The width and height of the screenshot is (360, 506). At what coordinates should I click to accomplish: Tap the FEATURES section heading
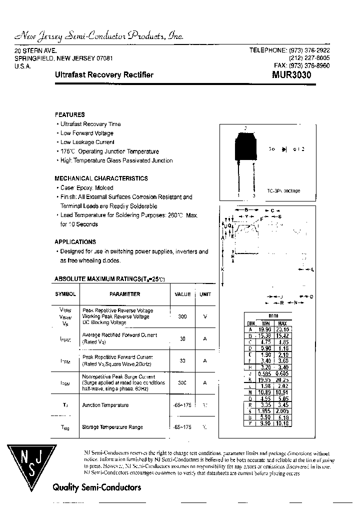tap(69, 114)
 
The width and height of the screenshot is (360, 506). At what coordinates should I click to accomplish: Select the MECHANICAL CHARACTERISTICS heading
tap(101, 178)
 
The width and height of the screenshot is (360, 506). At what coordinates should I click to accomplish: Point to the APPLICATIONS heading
tap(75, 241)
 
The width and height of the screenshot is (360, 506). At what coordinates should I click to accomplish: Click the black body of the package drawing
tap(245, 144)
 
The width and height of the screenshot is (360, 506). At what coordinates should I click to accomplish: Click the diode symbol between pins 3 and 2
tap(284, 149)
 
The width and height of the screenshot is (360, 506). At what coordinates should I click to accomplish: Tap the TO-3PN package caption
tap(283, 191)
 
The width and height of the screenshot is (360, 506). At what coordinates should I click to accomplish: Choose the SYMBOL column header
tap(65, 294)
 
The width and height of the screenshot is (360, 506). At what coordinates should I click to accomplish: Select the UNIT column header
tap(205, 294)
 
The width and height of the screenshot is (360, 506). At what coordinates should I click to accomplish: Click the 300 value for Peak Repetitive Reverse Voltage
tap(182, 316)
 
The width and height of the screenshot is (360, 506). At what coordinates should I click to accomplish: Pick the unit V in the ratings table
tap(205, 316)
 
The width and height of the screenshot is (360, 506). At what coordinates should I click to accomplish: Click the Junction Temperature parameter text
tap(105, 405)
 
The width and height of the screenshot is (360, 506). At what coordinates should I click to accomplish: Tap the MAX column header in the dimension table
tap(282, 323)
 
